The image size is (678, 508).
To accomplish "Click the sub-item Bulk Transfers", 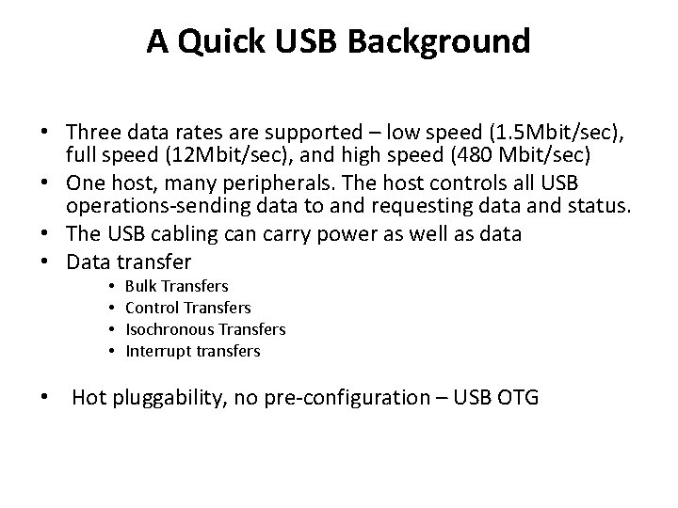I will (176, 285).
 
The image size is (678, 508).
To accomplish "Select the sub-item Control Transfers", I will (187, 307).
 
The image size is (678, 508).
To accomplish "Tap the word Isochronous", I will (169, 328).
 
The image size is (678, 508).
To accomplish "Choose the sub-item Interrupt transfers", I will (192, 351).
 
